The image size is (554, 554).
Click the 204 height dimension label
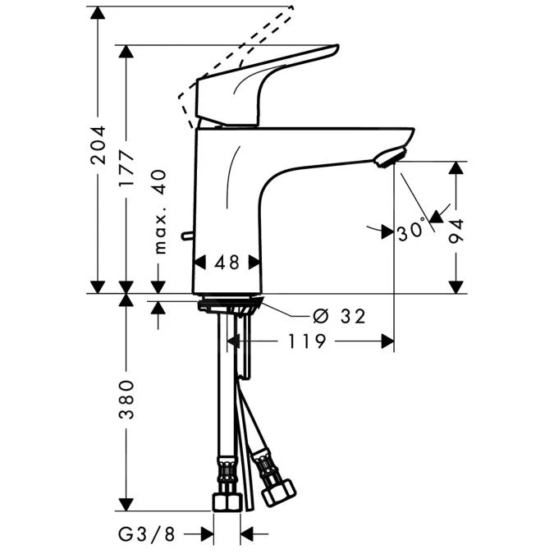[98, 145]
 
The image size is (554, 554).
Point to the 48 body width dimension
[227, 263]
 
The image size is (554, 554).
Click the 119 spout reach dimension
[307, 341]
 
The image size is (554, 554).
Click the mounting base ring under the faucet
[229, 305]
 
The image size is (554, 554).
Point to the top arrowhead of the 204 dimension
[98, 11]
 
